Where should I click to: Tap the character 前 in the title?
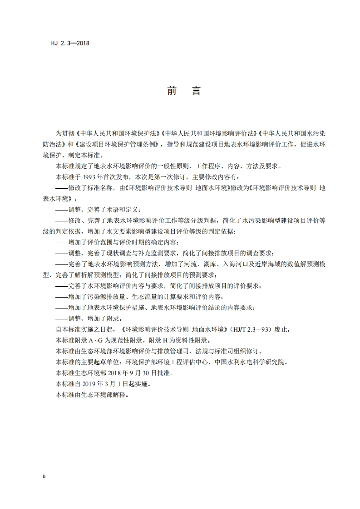pos(172,91)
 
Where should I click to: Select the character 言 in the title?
pos(196,91)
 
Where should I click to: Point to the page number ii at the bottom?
pos(44,476)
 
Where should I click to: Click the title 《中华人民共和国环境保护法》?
pos(118,134)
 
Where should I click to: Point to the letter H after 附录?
pos(167,340)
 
